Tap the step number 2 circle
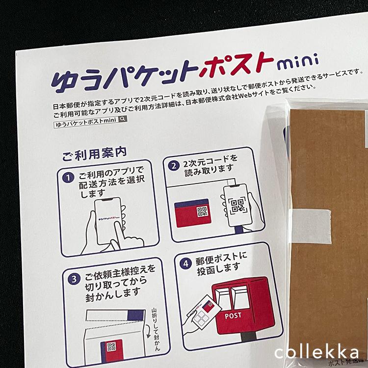point(173,166)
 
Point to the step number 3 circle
point(73,279)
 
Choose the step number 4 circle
point(185,263)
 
